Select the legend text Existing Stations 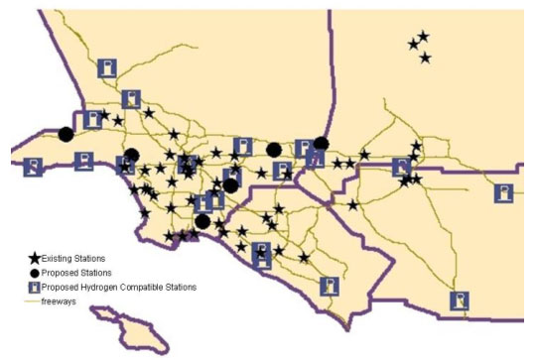coord(73,258)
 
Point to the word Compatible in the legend coord(149,287)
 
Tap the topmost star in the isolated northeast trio coord(424,37)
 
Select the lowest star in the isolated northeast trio coord(425,58)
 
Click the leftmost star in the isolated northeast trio coord(413,44)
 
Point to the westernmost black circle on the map coord(66,135)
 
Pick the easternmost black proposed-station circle coord(321,144)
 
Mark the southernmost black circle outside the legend coord(202,221)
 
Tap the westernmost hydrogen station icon coord(33,166)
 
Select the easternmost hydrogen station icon coord(506,192)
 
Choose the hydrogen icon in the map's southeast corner coord(459,300)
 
